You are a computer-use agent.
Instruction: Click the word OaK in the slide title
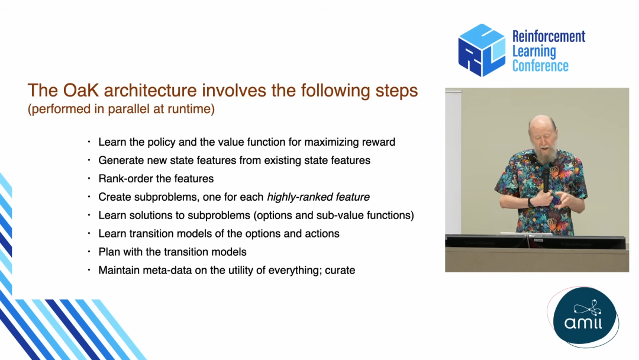(81, 90)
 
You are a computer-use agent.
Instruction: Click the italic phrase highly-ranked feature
(318, 197)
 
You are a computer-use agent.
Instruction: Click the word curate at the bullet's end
(340, 271)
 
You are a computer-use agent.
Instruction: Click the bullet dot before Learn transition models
(89, 234)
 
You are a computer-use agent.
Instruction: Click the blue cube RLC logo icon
(482, 50)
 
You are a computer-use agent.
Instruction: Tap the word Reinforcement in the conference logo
(548, 36)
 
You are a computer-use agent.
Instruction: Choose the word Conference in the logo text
(540, 66)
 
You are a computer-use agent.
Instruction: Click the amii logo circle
(585, 316)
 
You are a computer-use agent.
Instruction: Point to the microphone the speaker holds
(546, 178)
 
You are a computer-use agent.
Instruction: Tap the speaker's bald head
(543, 123)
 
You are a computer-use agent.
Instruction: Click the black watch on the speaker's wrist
(530, 202)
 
